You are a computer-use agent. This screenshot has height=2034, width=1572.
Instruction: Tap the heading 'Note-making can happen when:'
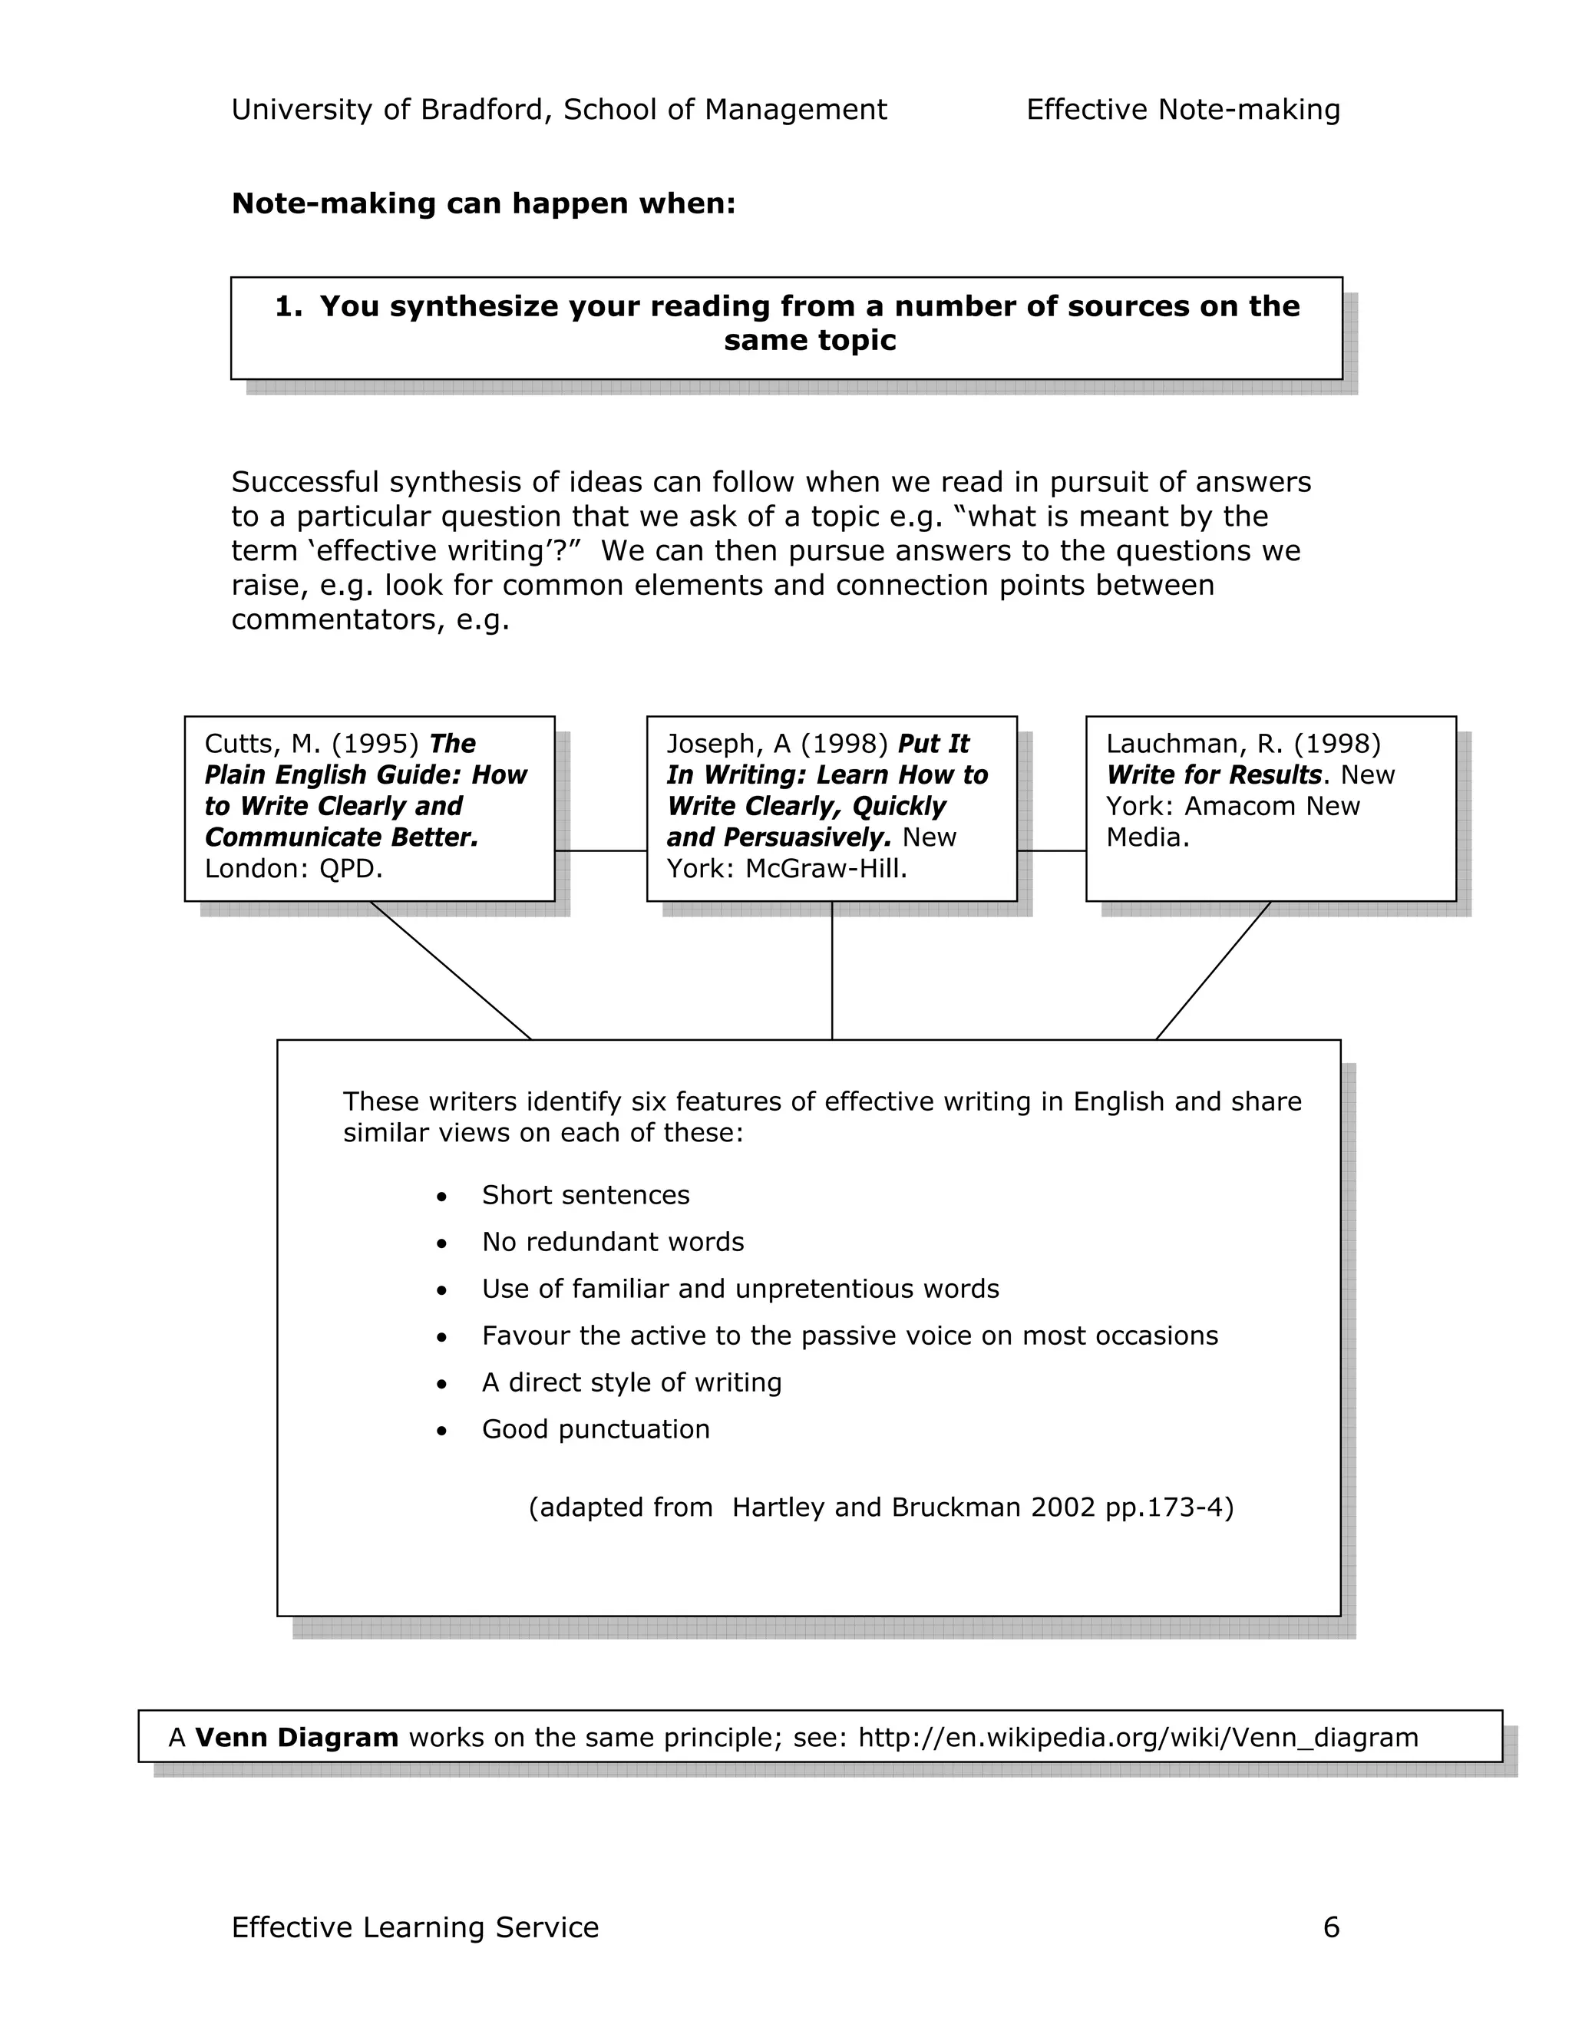coord(484,203)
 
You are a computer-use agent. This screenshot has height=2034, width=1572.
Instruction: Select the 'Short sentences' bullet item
coord(585,1195)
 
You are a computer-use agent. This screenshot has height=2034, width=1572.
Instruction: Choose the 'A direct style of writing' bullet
coord(632,1382)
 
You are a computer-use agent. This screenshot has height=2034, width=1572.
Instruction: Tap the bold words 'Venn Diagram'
coord(296,1737)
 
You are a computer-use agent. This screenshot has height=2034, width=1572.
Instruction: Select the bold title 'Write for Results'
coord(1214,775)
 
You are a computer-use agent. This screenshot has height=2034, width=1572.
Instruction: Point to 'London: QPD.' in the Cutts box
coord(293,868)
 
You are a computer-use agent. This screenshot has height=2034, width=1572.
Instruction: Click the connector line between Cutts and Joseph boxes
coord(601,850)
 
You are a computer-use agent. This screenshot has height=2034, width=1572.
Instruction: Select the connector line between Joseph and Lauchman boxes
coord(1052,850)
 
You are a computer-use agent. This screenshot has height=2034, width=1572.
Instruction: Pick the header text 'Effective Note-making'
coord(1183,110)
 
